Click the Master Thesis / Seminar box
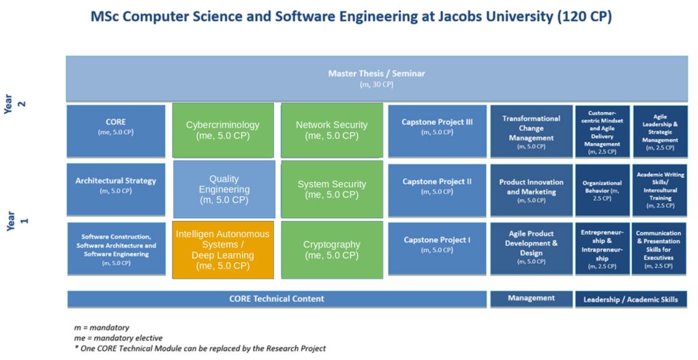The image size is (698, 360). click(376, 79)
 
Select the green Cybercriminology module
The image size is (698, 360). click(223, 130)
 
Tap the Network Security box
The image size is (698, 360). click(332, 130)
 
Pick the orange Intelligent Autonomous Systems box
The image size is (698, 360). click(223, 250)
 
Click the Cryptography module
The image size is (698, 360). click(332, 250)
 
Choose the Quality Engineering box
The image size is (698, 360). click(224, 190)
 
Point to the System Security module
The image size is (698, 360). click(332, 190)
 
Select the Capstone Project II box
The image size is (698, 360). click(437, 190)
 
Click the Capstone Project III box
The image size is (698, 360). click(437, 131)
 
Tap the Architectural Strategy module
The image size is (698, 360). click(116, 190)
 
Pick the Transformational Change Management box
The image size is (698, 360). click(532, 131)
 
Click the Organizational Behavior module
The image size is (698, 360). click(603, 190)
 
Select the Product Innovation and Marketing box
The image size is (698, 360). click(532, 190)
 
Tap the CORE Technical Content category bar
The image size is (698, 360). click(277, 299)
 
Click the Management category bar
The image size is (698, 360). click(532, 299)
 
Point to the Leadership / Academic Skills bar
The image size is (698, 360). click(631, 299)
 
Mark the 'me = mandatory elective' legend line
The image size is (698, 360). click(119, 337)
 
